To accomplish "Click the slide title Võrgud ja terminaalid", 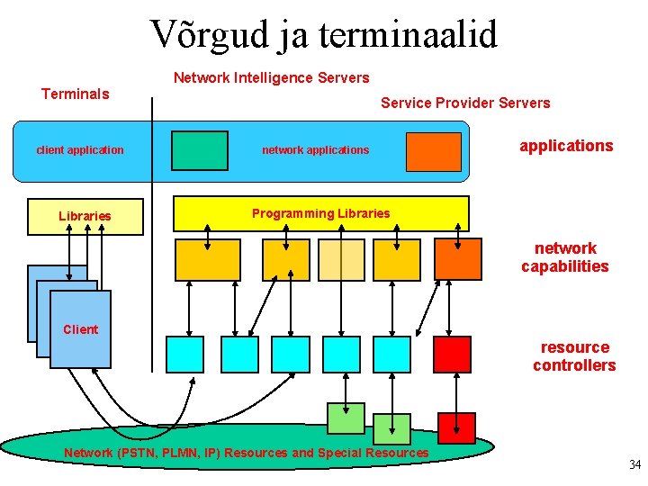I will pos(323,35).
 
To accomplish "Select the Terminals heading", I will pos(76,94).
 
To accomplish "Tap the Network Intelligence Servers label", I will pos(271,78).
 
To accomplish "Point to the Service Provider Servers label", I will pos(464,103).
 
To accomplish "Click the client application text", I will pos(80,150).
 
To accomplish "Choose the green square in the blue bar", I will pos(200,150).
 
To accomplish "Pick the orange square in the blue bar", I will pos(433,151).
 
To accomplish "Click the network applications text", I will pos(315,150).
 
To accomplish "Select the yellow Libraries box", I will pos(85,216).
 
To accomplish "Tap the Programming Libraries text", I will pos(320,213).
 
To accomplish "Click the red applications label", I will pos(566,146).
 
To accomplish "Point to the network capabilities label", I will pos(565,257).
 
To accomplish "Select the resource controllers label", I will pos(574,356).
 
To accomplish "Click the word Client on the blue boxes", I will pos(80,329).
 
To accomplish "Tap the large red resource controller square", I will pos(452,355).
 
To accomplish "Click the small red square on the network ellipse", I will pos(456,427).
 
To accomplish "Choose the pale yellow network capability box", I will pos(341,260).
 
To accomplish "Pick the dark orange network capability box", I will pos(457,259).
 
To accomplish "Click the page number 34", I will pos(634,465).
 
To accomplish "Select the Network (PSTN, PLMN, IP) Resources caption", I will pos(246,453).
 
